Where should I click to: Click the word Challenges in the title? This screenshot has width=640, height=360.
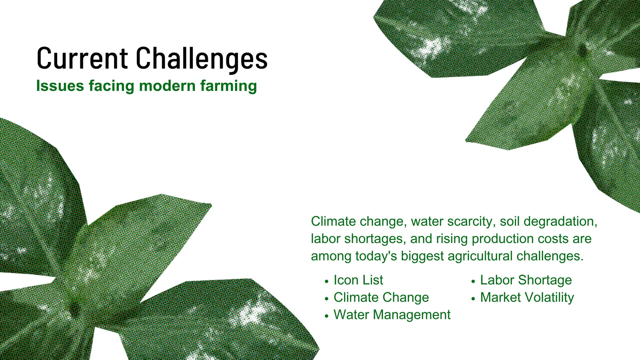[202, 59]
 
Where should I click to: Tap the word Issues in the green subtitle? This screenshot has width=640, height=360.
[60, 86]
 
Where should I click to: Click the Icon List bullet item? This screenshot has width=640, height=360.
[358, 280]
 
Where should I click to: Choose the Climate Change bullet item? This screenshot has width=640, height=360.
[381, 298]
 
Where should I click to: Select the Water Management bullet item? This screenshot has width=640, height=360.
[392, 315]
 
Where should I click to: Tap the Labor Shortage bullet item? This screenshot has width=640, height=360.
[526, 280]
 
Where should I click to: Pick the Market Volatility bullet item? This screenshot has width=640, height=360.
[527, 298]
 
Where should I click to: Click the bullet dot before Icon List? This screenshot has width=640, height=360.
[327, 282]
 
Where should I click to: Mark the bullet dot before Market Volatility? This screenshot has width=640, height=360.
[473, 299]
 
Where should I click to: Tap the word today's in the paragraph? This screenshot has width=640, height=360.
[376, 256]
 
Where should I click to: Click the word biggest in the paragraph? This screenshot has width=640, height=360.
[422, 256]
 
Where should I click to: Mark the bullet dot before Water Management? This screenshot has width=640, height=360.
[327, 316]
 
